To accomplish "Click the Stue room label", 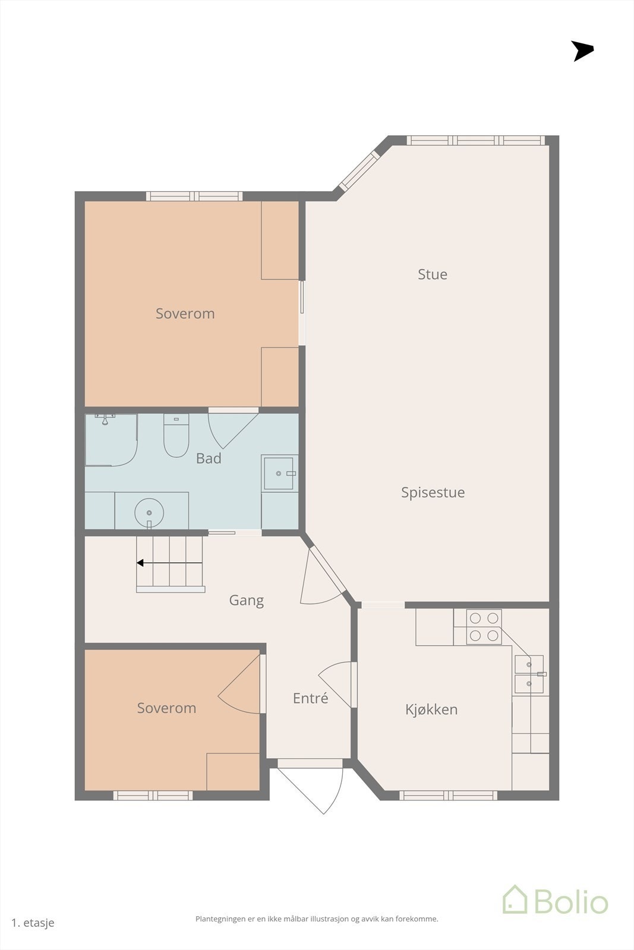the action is tap(433, 274).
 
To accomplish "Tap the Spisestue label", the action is tap(433, 492).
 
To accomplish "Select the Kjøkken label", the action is tap(431, 710).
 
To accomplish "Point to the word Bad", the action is tap(209, 458).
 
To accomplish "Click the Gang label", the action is tap(246, 600).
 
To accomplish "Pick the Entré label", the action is tap(310, 698).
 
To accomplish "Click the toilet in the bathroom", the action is tap(176, 436).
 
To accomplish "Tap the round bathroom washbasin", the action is tap(149, 513).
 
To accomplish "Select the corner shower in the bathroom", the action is tap(111, 440).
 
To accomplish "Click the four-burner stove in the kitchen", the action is tap(484, 627).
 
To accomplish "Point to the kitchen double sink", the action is tap(529, 674).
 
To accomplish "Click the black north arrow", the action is tap(582, 51).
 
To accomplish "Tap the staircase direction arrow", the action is tap(169, 563).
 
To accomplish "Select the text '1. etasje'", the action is tap(33, 923).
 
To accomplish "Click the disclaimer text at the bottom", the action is tap(317, 919).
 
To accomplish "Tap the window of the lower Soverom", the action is tap(153, 795).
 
